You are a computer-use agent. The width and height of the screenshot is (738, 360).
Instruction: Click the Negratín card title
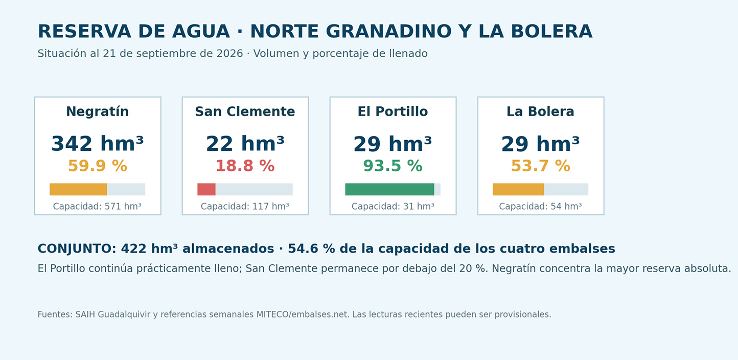coord(97,111)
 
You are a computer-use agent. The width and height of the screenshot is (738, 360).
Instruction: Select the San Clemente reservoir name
coord(245,111)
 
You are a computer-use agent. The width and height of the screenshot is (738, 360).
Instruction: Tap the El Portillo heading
coord(393,111)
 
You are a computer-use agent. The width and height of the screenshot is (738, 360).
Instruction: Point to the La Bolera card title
coord(540,111)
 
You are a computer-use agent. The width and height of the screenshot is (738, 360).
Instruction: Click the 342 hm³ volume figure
coord(97,144)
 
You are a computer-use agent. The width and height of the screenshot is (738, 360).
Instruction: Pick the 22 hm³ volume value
coord(245,144)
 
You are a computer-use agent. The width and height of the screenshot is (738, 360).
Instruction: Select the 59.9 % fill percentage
coord(97,166)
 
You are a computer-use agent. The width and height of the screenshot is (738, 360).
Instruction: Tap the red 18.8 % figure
coord(245,166)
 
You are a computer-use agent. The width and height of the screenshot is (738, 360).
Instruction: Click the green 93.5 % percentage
coord(393,166)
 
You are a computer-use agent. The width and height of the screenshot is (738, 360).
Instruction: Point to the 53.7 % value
coord(540,166)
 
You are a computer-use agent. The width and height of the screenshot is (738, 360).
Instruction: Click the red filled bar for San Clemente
coord(206,189)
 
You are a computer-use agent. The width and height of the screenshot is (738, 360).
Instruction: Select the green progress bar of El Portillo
coord(390,189)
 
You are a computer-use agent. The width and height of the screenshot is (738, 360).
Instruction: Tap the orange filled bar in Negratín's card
coord(78,189)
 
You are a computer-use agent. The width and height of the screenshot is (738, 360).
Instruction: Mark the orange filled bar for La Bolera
coord(518,189)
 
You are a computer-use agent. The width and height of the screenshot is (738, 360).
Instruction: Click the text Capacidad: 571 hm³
coord(97,207)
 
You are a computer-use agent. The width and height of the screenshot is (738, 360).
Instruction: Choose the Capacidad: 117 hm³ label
coord(245,207)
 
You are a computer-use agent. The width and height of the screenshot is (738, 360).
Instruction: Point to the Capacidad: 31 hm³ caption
coord(393,207)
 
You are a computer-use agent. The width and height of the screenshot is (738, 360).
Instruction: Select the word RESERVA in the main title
coord(84,32)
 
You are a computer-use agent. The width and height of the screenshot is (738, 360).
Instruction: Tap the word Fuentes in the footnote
coord(55,314)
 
